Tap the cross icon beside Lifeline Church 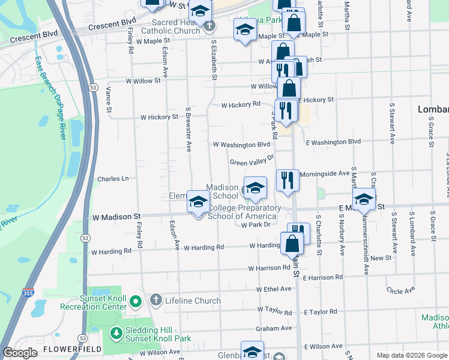[x=155, y=300]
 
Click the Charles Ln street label [x=113, y=179]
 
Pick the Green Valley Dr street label [x=252, y=160]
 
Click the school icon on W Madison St [x=198, y=202]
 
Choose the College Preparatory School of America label [x=244, y=212]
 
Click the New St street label [x=381, y=258]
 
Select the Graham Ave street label [x=274, y=328]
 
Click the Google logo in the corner [x=20, y=353]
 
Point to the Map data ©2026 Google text [x=411, y=355]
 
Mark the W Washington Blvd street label [x=242, y=145]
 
